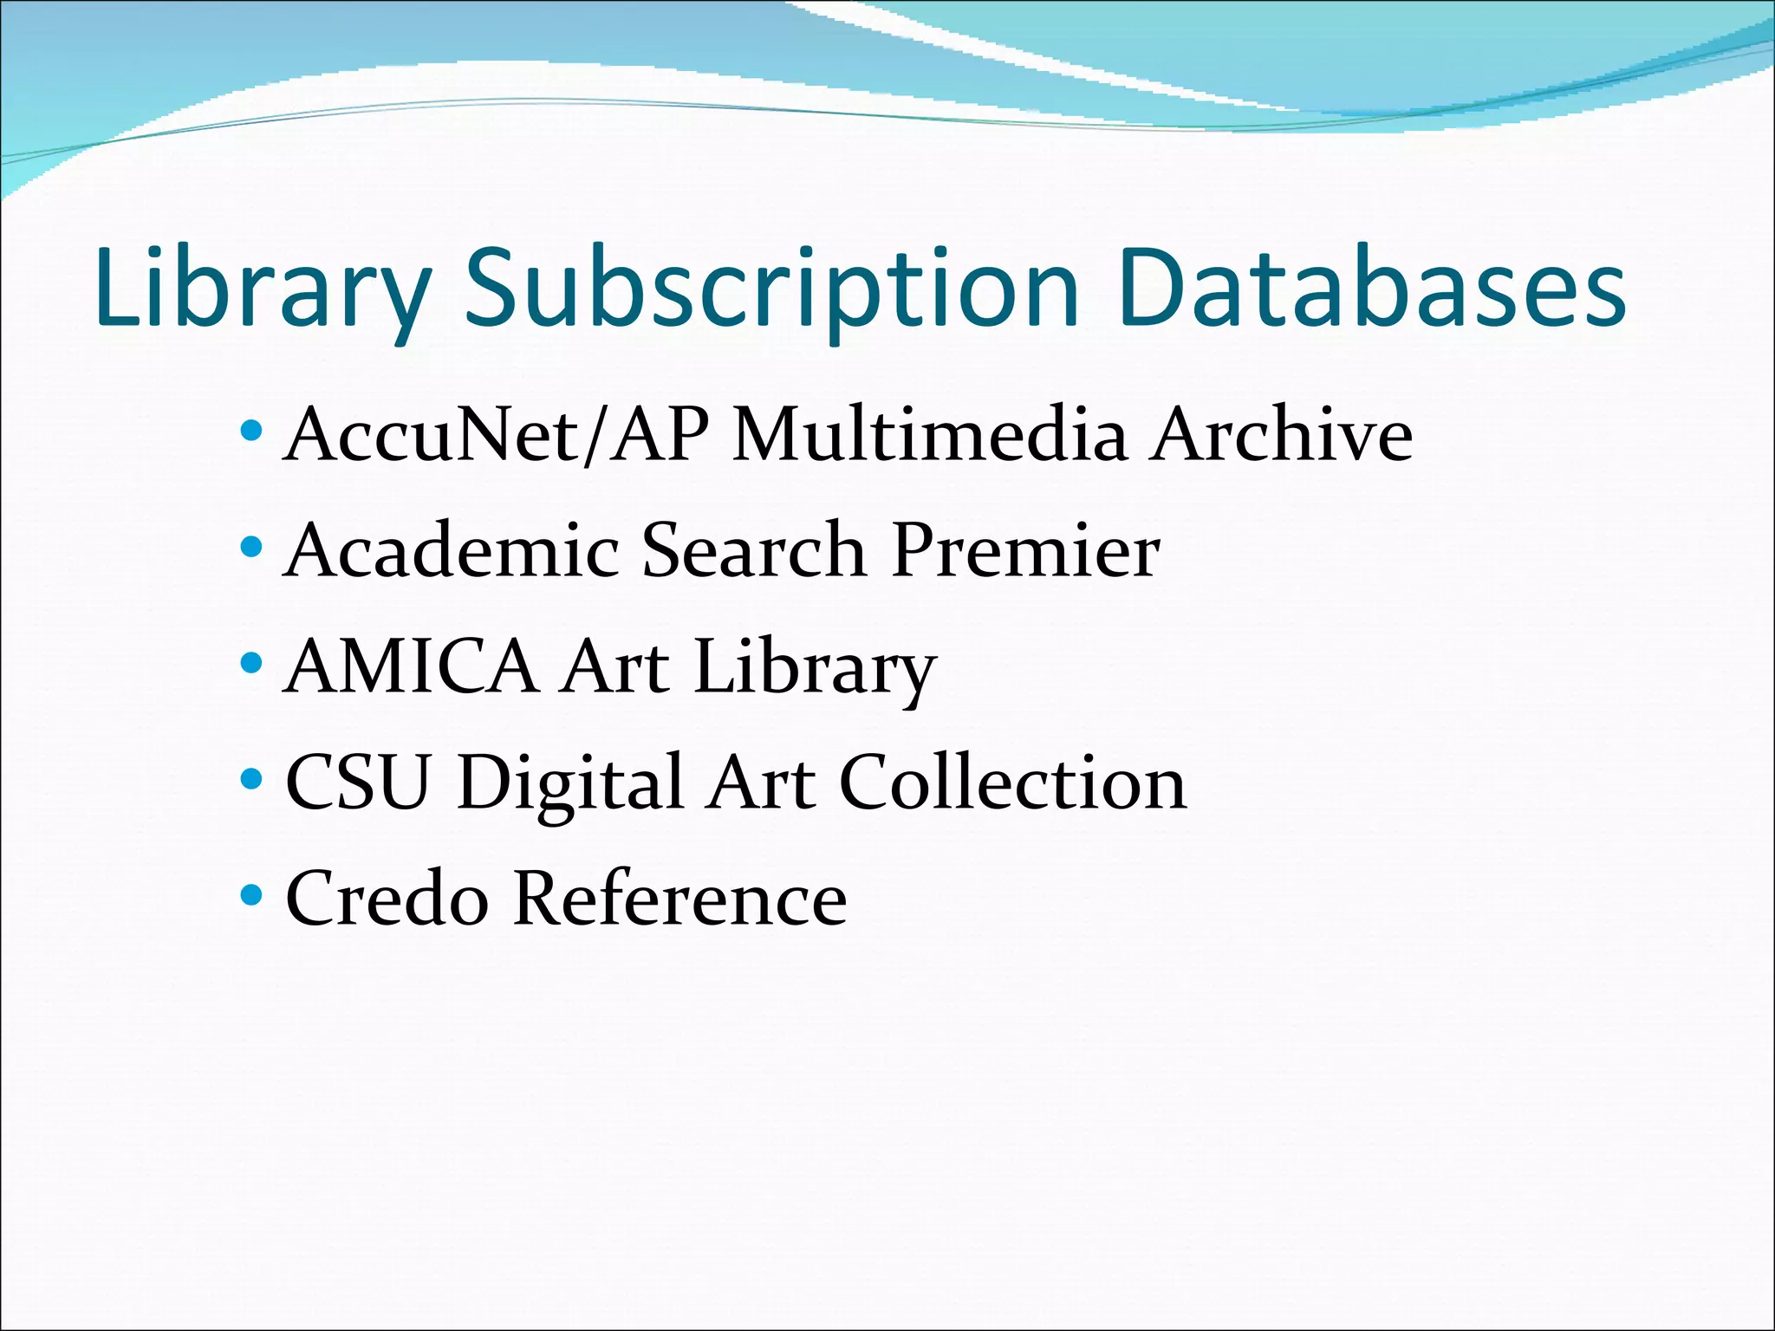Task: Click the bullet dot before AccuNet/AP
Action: (251, 430)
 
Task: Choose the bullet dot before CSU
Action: (251, 779)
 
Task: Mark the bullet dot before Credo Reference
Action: (251, 894)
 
